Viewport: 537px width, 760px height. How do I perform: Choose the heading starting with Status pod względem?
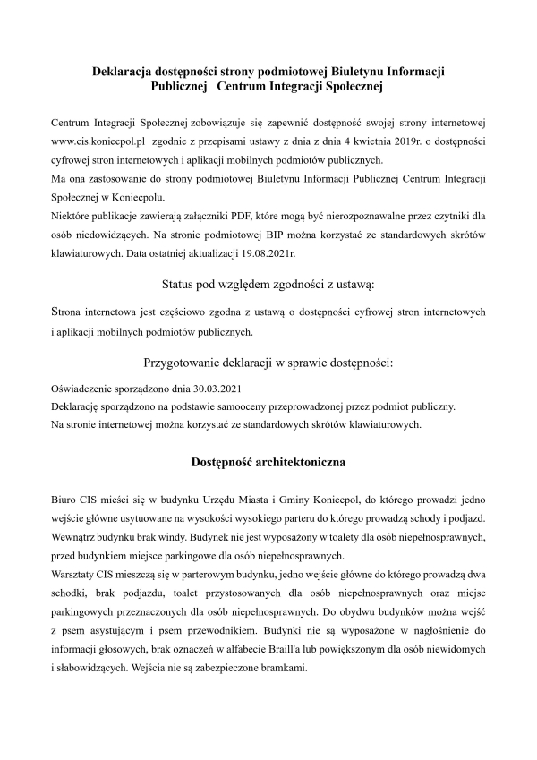[268, 284]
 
